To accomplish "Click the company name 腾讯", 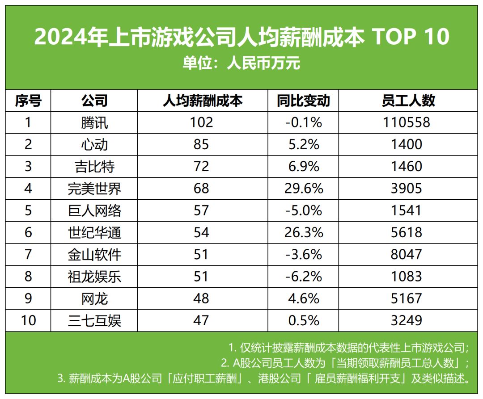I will [x=94, y=122].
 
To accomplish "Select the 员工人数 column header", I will [x=408, y=101].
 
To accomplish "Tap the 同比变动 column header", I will [x=303, y=101].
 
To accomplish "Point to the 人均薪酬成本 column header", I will [x=202, y=101].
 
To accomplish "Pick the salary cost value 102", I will [x=202, y=122].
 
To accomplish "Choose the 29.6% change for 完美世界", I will [x=303, y=188].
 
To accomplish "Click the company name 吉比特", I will [x=94, y=166].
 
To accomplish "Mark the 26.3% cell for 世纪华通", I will [x=303, y=232].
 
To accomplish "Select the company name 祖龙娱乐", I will [x=94, y=277].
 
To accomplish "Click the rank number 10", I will [x=28, y=320].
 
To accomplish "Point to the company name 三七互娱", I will [x=94, y=320].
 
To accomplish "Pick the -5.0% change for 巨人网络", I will [x=303, y=210].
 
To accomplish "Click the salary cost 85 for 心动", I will [x=202, y=144].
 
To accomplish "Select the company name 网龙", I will [x=94, y=298].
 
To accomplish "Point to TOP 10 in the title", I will [x=411, y=37].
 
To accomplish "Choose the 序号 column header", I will [x=28, y=101].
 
